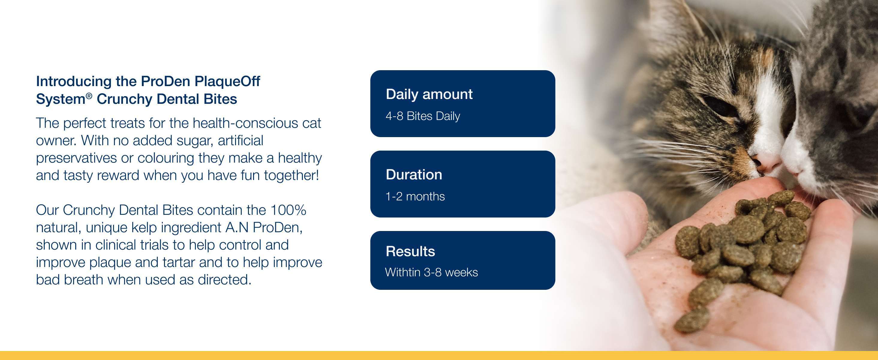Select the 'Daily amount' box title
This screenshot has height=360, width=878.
429,94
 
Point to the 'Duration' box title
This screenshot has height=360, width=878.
414,175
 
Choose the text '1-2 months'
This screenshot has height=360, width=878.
415,196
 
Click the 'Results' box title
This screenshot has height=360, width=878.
411,251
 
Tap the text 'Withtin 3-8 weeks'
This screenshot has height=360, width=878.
432,272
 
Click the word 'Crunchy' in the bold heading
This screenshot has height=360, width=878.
124,99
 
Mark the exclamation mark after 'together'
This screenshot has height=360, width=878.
317,175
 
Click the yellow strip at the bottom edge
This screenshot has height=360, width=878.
439,355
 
